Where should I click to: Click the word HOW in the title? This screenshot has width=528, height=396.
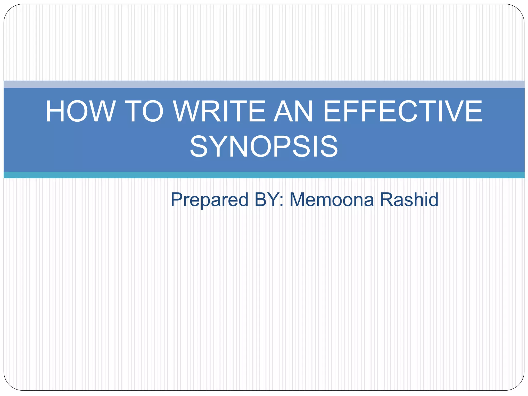tap(80, 111)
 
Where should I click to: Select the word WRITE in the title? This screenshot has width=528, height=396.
tap(219, 111)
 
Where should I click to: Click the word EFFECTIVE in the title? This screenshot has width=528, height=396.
tap(402, 111)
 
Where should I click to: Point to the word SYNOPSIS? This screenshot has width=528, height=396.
tap(264, 146)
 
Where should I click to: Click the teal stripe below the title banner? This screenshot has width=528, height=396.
tap(264, 175)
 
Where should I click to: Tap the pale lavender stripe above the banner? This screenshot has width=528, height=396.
tap(264, 84)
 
